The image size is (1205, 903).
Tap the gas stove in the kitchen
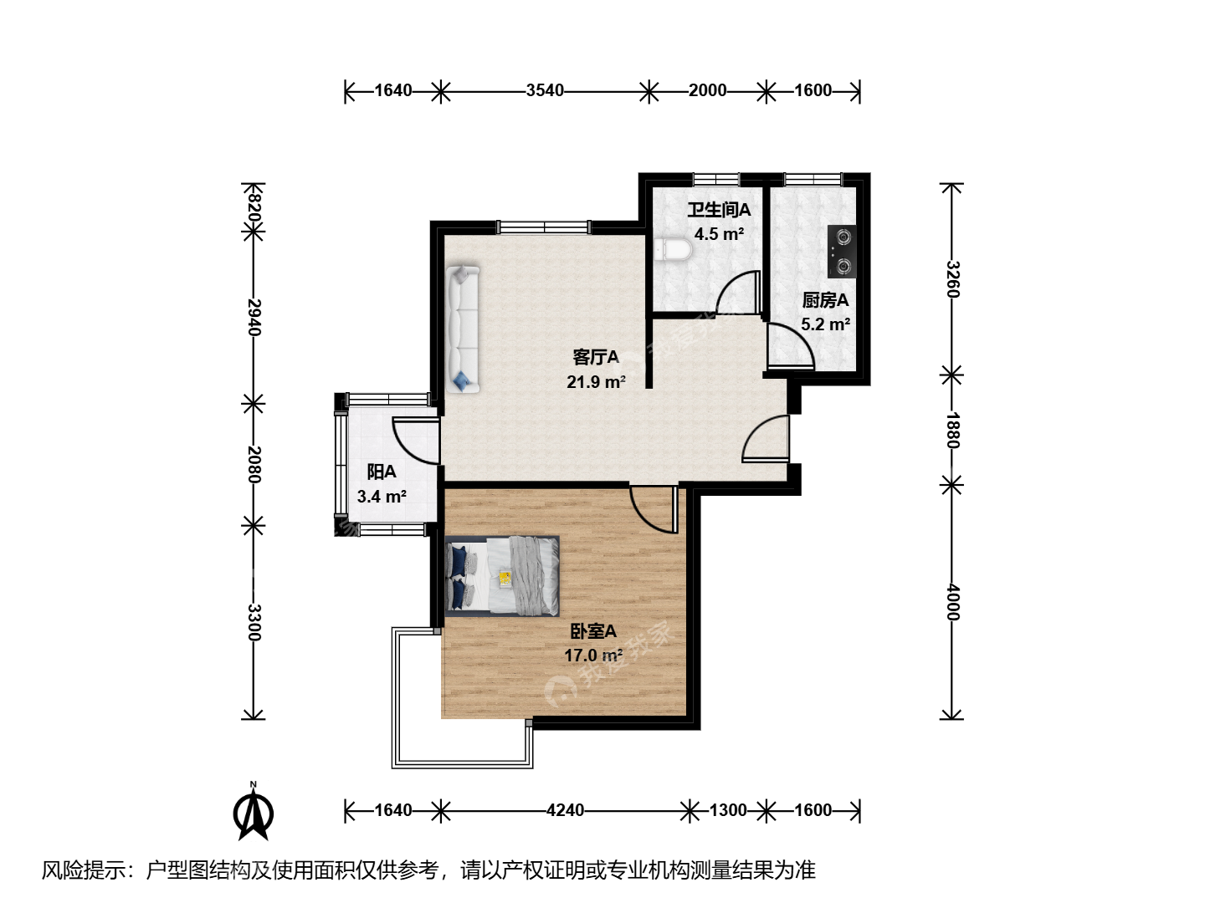(x=842, y=252)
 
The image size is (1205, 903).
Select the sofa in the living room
(x=463, y=329)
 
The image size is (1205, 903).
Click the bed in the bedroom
(x=502, y=576)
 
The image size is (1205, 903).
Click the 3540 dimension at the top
(x=545, y=90)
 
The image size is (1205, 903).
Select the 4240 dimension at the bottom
(x=565, y=810)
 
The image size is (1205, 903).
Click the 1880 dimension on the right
(x=952, y=431)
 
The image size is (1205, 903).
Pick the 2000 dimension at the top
(x=707, y=90)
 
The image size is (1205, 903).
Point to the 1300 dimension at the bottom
(x=728, y=810)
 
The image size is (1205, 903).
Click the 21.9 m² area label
(x=596, y=381)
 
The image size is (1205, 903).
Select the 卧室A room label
(x=593, y=631)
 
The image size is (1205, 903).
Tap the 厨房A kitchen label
(x=825, y=300)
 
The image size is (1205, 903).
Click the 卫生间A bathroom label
(x=719, y=209)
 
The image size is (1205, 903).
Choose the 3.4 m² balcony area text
(x=382, y=497)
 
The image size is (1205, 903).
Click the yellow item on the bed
(x=505, y=577)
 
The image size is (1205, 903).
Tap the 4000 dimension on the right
(x=952, y=601)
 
